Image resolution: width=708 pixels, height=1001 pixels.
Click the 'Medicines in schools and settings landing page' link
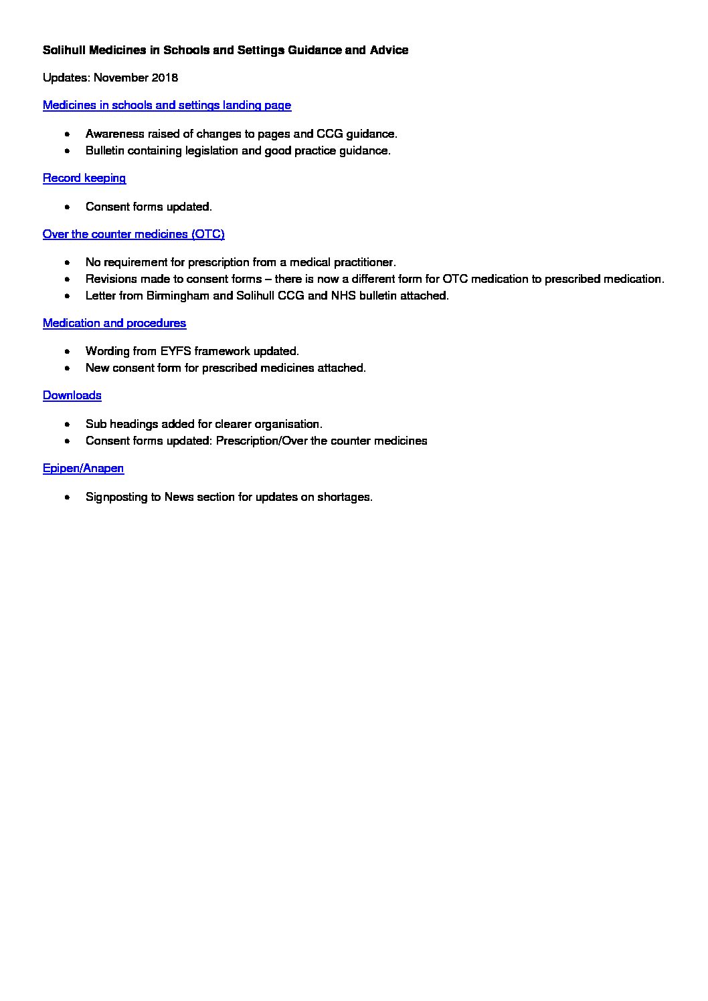(167, 105)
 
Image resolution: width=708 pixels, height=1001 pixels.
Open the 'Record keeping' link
(84, 178)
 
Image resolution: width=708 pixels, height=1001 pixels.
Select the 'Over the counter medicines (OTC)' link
(133, 234)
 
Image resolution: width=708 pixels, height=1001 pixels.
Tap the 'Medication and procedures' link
(114, 323)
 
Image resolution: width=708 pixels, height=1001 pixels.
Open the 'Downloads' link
(72, 395)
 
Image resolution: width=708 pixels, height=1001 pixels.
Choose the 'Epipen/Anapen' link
(83, 468)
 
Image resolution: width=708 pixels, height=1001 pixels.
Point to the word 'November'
(121, 78)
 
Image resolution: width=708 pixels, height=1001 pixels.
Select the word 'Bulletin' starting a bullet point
(104, 150)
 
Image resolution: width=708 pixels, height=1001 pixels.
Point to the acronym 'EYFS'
(175, 351)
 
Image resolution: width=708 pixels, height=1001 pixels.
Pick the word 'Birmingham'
(177, 296)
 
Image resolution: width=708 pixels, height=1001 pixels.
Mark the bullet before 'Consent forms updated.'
(68, 207)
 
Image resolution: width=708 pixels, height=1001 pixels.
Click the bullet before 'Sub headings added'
(68, 425)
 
